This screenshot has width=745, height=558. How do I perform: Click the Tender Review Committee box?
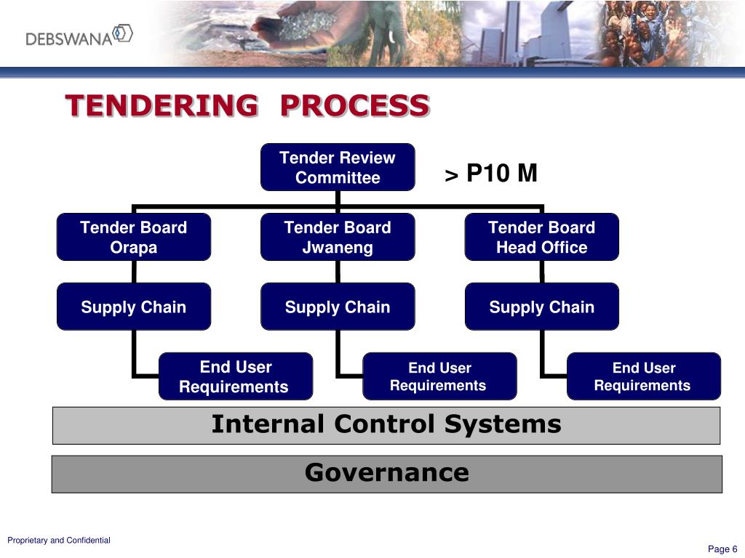pyautogui.click(x=338, y=167)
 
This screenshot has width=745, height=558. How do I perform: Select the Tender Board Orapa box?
pyautogui.click(x=134, y=237)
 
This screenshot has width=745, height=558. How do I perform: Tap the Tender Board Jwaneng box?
pyautogui.click(x=338, y=237)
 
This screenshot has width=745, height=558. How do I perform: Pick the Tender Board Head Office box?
pyautogui.click(x=541, y=237)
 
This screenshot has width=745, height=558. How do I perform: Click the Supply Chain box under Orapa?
pyautogui.click(x=134, y=307)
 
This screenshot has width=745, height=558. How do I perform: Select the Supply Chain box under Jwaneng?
pyautogui.click(x=338, y=307)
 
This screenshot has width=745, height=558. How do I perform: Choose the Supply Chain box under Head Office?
pyautogui.click(x=541, y=307)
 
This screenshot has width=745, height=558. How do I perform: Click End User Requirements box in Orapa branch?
pyautogui.click(x=235, y=376)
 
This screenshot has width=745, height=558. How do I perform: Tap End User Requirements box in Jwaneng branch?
pyautogui.click(x=439, y=376)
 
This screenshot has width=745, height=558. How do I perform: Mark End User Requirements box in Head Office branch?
pyautogui.click(x=643, y=376)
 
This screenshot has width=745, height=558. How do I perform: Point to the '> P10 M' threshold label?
pyautogui.click(x=491, y=174)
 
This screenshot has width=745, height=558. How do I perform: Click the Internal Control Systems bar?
pyautogui.click(x=386, y=425)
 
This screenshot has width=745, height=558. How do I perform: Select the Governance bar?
pyautogui.click(x=386, y=474)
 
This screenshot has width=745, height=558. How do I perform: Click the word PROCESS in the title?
pyautogui.click(x=354, y=106)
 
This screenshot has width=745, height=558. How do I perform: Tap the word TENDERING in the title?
pyautogui.click(x=161, y=106)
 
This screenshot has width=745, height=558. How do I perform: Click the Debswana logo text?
pyautogui.click(x=70, y=37)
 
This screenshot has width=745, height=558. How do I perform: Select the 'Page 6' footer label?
pyautogui.click(x=722, y=549)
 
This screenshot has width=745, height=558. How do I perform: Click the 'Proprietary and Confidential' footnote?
pyautogui.click(x=59, y=540)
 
